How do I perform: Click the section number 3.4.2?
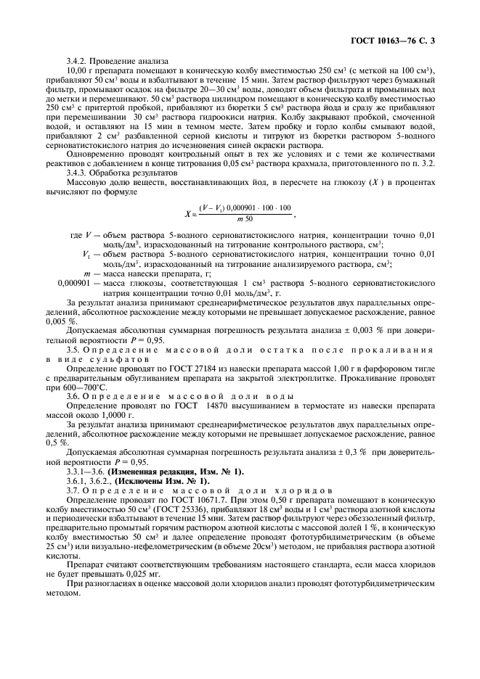coord(77,61)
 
